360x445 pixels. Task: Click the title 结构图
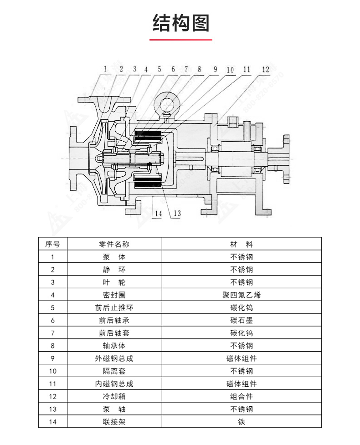[x=180, y=23]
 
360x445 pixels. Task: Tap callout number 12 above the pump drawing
[x=266, y=70]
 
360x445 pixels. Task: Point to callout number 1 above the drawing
[x=105, y=69]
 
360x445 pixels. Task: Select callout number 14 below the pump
[x=158, y=213]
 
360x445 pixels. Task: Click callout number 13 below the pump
[x=177, y=213]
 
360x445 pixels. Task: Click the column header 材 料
[x=242, y=244]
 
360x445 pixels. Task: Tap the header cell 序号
[x=53, y=244]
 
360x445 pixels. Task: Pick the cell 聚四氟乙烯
[x=242, y=295]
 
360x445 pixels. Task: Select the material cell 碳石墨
[x=242, y=320]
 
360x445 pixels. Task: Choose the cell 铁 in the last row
[x=242, y=422]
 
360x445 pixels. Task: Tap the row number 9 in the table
[x=53, y=358]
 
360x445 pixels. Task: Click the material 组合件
[x=242, y=397]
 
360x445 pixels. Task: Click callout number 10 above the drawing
[x=230, y=70]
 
